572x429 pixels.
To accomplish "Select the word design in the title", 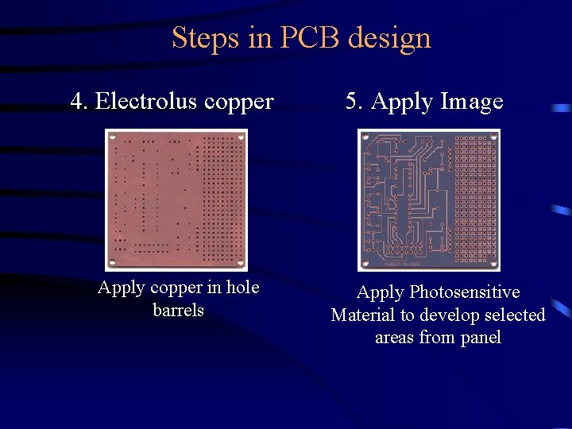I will pos(394,38).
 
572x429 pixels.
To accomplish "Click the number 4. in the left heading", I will pos(79,102).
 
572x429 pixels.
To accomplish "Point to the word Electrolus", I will pos(145,102).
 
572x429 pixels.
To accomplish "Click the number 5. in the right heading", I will pos(354,102).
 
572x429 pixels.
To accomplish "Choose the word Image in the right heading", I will pos(472,102).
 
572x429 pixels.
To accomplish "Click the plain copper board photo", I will pos(176,199).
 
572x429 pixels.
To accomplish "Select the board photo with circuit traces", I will pos(429,199).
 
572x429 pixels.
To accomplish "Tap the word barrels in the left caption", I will pos(179,310).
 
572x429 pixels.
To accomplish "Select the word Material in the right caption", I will pos(362,315).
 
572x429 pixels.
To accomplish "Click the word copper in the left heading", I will pos(239,102).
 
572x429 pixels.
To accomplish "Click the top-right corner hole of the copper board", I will pos(240,137).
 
